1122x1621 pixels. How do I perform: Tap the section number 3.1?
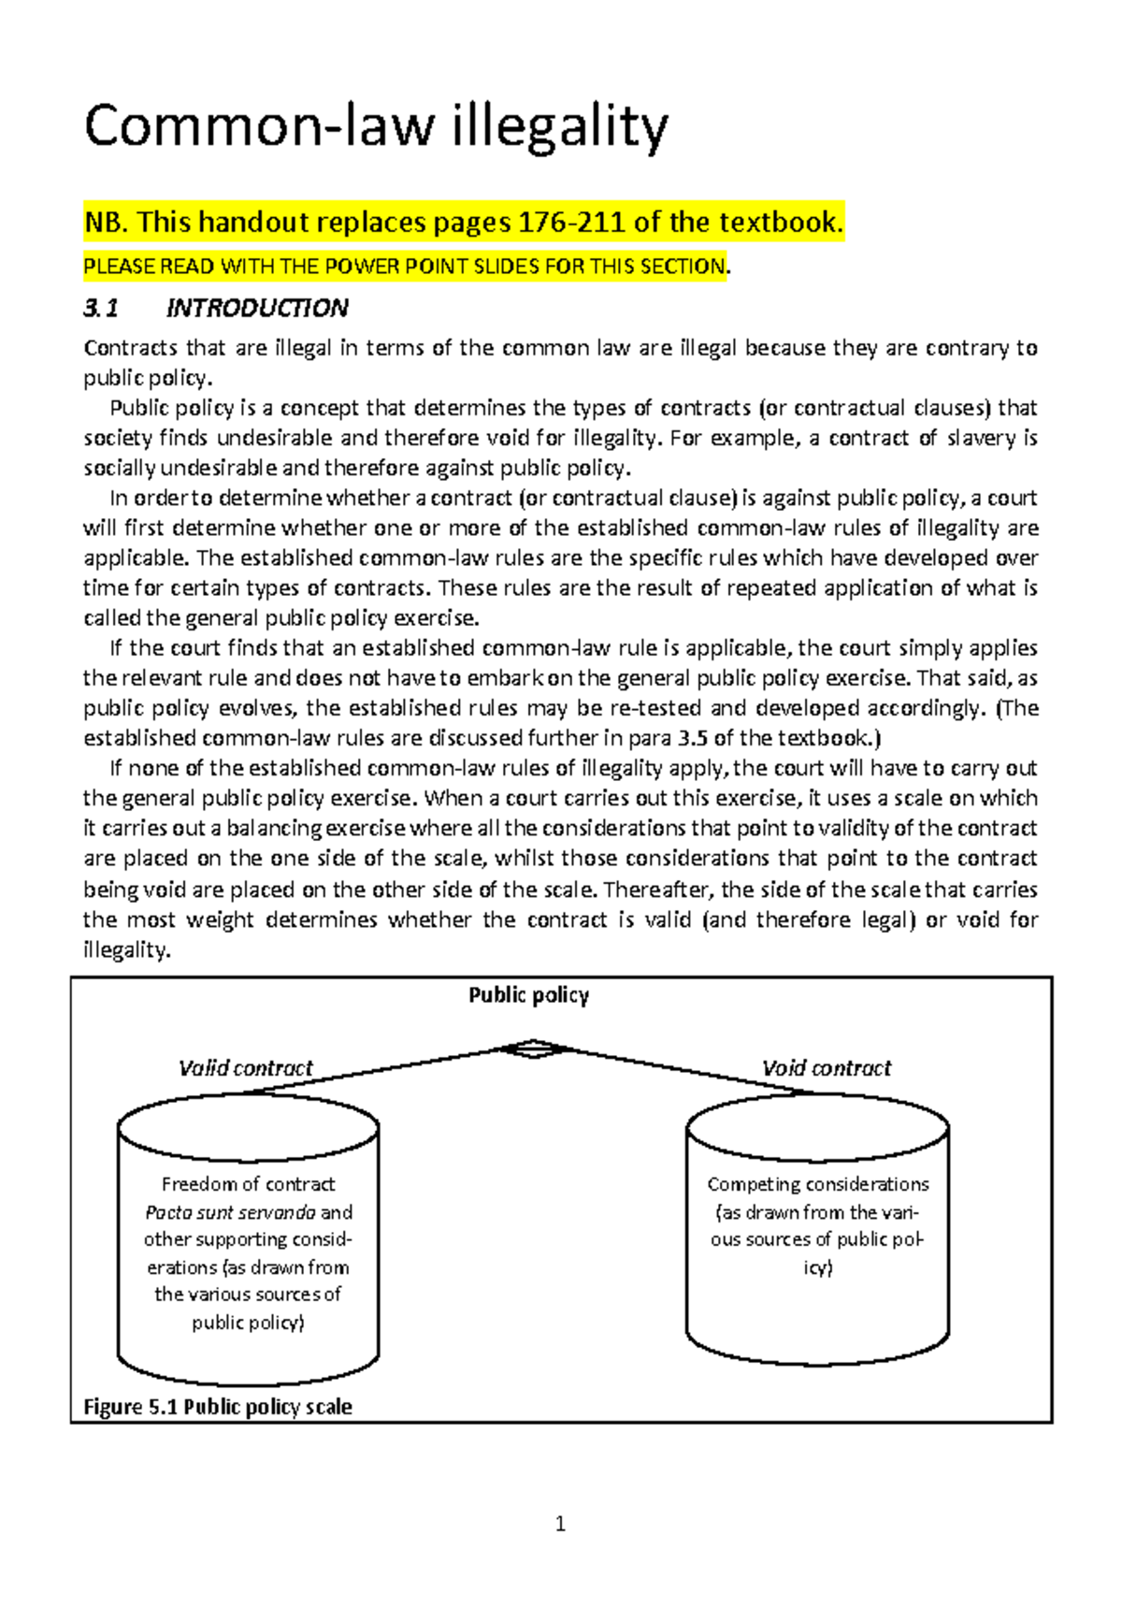click(101, 308)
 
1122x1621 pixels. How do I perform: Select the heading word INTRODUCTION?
click(257, 308)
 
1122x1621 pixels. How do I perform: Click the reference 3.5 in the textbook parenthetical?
click(692, 738)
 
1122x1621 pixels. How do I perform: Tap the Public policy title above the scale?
click(528, 995)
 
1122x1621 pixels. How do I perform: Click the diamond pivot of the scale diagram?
click(532, 1049)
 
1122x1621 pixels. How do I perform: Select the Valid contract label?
click(245, 1068)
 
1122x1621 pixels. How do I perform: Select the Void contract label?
click(826, 1068)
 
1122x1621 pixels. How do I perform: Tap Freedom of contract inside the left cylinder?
click(248, 1184)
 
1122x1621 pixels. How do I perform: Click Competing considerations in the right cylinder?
click(817, 1184)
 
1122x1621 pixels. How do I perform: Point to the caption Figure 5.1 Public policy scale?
click(217, 1407)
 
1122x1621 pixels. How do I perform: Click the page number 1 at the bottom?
click(560, 1525)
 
